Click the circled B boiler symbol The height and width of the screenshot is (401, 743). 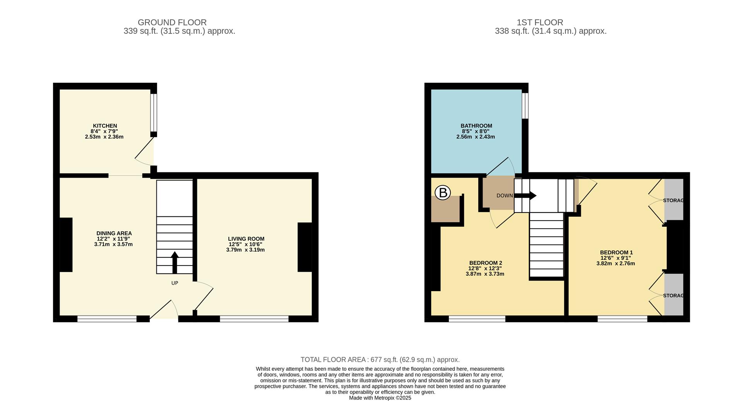(x=443, y=192)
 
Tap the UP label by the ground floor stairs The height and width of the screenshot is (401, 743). (x=175, y=283)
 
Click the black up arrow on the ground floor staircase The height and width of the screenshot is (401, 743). (x=175, y=262)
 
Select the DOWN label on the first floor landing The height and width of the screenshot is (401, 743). (x=505, y=195)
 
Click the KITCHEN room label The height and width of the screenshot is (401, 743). (x=105, y=126)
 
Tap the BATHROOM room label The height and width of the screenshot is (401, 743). (x=476, y=126)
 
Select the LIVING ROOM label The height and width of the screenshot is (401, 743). (x=246, y=239)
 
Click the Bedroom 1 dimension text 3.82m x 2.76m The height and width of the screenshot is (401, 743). (x=615, y=264)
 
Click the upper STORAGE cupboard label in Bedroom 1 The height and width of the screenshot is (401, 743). (x=673, y=200)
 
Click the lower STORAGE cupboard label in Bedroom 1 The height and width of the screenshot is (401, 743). (x=673, y=296)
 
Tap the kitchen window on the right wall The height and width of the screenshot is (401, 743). (x=154, y=113)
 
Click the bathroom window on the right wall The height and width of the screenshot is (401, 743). (x=525, y=106)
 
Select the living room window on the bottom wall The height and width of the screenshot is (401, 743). (x=254, y=319)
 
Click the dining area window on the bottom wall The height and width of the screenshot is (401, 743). (x=107, y=319)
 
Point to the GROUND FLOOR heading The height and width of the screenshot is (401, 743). (x=172, y=22)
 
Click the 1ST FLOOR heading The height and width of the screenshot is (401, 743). (x=550, y=22)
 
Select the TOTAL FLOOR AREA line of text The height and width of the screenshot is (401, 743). (x=380, y=360)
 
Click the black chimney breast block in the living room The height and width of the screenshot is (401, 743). (x=305, y=247)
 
